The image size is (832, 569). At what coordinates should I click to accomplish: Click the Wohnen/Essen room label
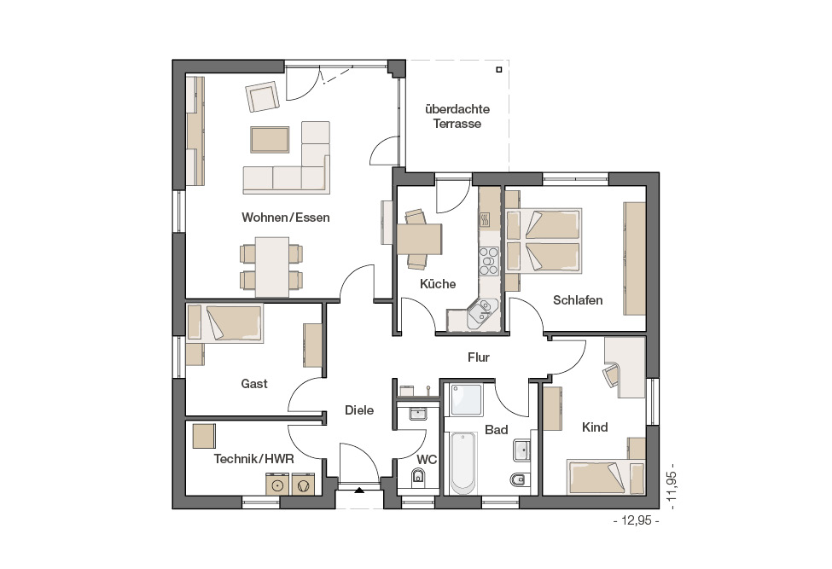click(286, 218)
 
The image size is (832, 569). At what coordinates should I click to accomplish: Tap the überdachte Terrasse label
click(457, 116)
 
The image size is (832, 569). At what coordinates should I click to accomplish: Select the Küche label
click(438, 284)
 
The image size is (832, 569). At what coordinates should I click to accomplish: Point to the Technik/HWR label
click(253, 459)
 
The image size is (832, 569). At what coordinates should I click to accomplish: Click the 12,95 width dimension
click(637, 520)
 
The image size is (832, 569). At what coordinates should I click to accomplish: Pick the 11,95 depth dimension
click(672, 490)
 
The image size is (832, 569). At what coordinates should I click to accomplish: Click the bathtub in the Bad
click(463, 463)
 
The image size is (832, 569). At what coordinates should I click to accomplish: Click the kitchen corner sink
click(482, 312)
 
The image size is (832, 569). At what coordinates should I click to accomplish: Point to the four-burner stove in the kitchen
click(489, 261)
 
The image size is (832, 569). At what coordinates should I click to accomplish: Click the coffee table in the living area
click(271, 140)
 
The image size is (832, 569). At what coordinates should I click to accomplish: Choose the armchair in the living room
click(262, 96)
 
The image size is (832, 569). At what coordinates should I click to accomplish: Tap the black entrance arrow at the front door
click(359, 490)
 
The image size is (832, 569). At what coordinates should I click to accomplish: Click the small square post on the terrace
click(499, 69)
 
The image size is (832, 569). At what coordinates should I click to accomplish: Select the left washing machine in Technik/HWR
click(277, 485)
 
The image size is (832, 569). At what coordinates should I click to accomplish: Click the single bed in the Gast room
click(224, 323)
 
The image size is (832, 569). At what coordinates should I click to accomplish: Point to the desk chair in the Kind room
click(611, 374)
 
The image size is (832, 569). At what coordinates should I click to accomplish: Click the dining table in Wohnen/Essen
click(272, 267)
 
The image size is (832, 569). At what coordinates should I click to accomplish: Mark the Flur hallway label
click(478, 357)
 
